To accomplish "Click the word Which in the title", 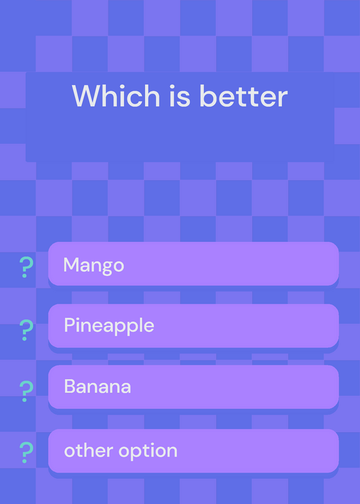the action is (116, 96).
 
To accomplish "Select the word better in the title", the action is (243, 96).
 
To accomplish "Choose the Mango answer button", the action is (194, 264).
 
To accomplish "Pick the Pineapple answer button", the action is (194, 326).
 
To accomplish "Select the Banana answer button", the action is (194, 387).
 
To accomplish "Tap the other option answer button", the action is (194, 451).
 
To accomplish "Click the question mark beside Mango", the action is (26, 267).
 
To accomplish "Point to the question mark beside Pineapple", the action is (26, 330).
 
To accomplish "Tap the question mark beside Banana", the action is (26, 391).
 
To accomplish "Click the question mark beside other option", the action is (26, 452).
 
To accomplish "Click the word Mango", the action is (93, 266).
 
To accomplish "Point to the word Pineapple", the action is (109, 326).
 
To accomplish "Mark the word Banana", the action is (98, 386).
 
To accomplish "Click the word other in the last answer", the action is (89, 450).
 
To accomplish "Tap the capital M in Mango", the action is (71, 265).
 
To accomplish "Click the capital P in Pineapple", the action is (70, 324).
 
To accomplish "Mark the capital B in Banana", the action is (70, 386).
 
